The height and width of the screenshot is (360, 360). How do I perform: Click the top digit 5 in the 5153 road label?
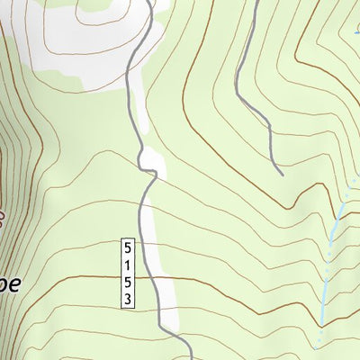(129, 245)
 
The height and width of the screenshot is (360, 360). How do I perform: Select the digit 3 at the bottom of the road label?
(129, 299)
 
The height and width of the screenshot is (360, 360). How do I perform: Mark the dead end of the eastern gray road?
(282, 174)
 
